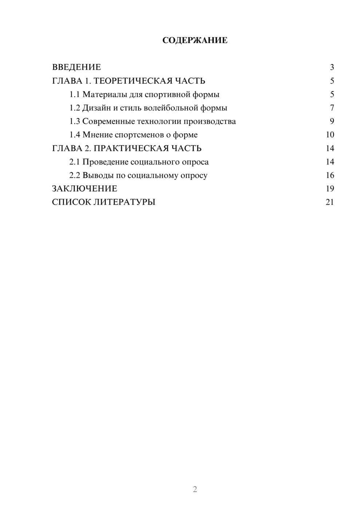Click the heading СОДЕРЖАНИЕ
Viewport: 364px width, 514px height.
click(x=195, y=40)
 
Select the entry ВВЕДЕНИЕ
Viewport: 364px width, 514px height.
click(x=76, y=67)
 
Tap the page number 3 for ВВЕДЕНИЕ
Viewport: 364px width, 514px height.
click(x=332, y=67)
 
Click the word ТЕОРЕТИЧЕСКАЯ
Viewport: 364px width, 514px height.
click(x=133, y=81)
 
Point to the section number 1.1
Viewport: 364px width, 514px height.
click(x=75, y=95)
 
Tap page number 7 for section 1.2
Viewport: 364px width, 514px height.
click(x=332, y=108)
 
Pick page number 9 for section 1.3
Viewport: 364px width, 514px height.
click(x=332, y=121)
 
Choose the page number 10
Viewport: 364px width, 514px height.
click(x=330, y=135)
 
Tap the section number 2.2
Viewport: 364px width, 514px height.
click(x=75, y=175)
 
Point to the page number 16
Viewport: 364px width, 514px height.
click(x=330, y=175)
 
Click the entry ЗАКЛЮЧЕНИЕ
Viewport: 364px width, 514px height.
click(x=84, y=189)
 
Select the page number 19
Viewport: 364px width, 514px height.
click(x=330, y=189)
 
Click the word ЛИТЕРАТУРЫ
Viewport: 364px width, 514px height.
click(x=124, y=202)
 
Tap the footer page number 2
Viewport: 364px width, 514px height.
click(x=195, y=489)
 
